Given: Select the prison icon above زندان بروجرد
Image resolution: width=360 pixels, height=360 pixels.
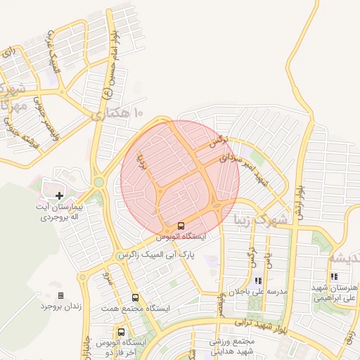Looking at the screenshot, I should coord(60,295).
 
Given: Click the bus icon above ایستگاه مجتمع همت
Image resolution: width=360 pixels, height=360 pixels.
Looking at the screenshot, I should coord(135,298).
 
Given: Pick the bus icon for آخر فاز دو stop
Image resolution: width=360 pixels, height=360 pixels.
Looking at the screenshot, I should coord(122,331).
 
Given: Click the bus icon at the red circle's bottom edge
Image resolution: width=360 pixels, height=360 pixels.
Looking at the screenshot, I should coord(181,226).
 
